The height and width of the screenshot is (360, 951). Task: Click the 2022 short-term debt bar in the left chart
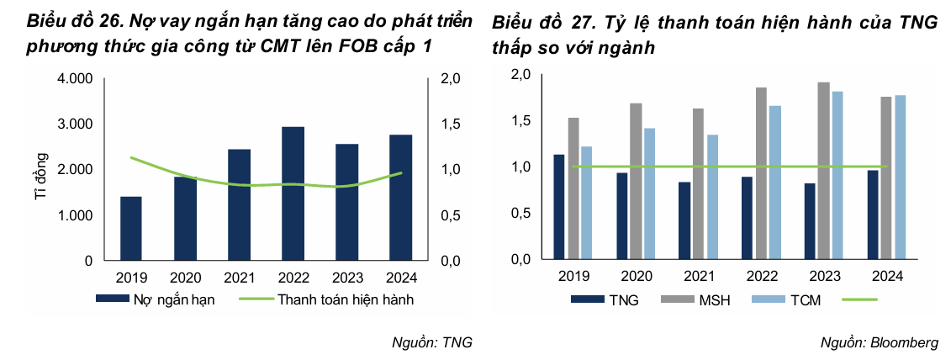tap(293, 193)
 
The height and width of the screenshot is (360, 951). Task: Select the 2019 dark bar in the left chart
tap(131, 228)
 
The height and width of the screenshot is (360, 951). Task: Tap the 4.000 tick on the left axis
tap(76, 79)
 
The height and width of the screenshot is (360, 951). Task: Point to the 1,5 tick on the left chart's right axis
tap(452, 124)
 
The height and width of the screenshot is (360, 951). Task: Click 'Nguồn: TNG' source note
tap(432, 342)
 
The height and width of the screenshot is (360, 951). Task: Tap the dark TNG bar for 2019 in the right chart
tap(557, 207)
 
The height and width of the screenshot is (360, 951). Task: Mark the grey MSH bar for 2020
tap(636, 182)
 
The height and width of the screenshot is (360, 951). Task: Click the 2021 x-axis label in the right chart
tap(699, 276)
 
